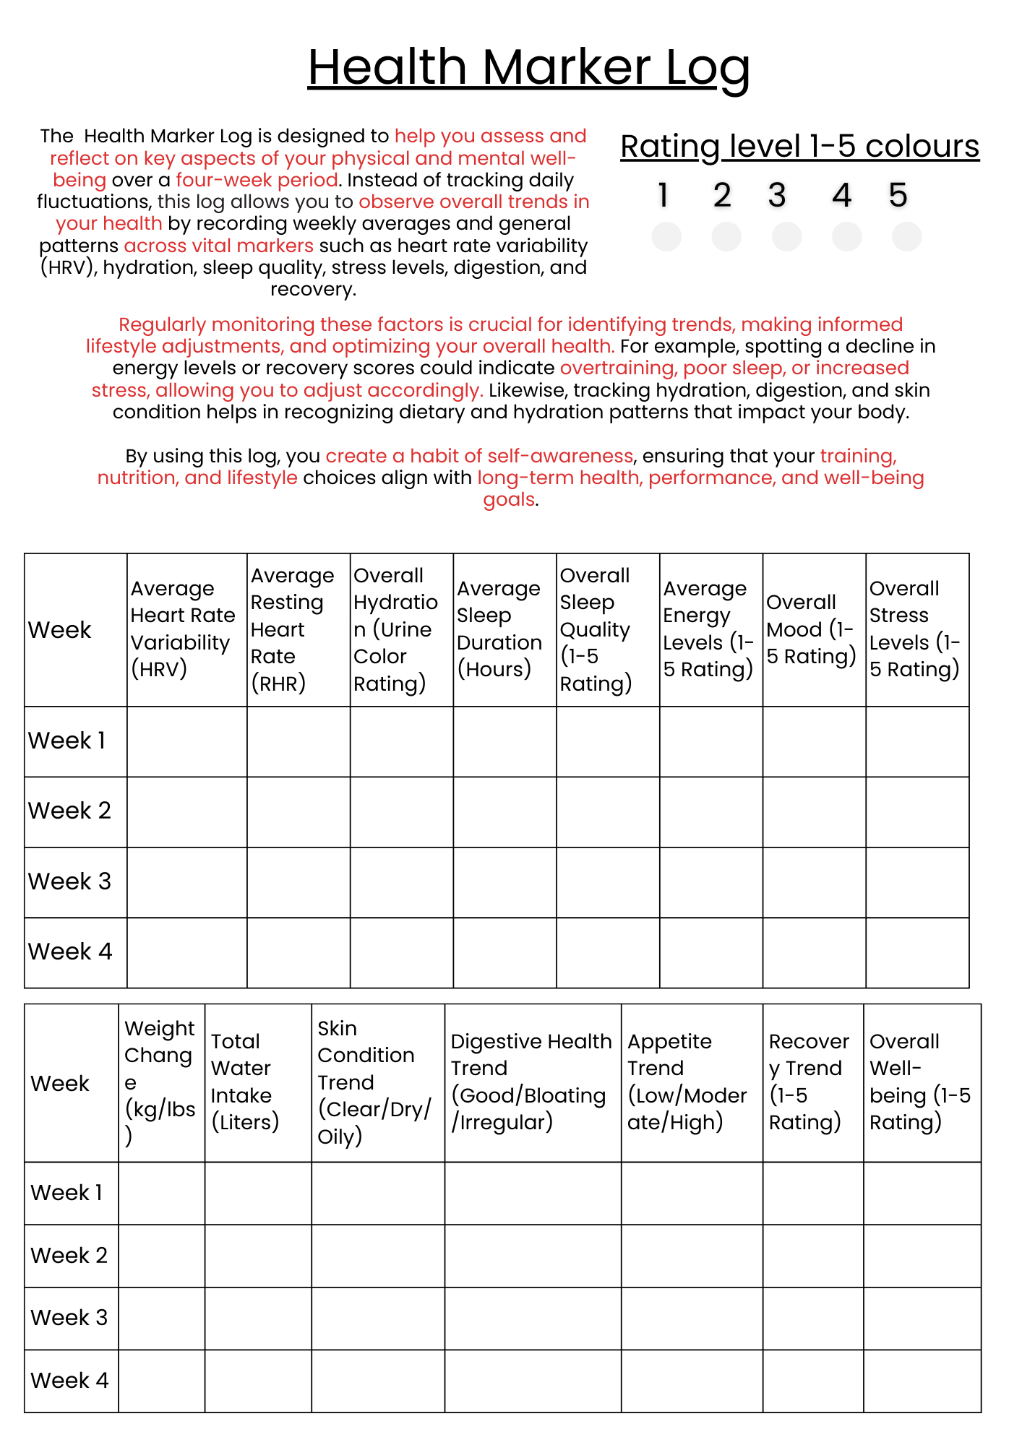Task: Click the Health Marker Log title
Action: [x=528, y=67]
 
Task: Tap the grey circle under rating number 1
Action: [x=666, y=237]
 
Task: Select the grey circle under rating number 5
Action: [x=906, y=237]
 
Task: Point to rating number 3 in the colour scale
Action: [x=777, y=195]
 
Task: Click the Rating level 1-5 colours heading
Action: [x=799, y=147]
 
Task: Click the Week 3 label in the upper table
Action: [x=70, y=882]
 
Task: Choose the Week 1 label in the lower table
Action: [x=66, y=1193]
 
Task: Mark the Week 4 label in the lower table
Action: [x=69, y=1381]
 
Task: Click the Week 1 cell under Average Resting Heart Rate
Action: [x=299, y=742]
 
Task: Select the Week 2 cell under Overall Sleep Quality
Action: [x=608, y=812]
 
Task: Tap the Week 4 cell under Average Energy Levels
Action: [x=711, y=953]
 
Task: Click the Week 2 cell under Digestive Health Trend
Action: [x=533, y=1256]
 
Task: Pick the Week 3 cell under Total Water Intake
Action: [x=258, y=1319]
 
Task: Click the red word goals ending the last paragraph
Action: [x=509, y=500]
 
